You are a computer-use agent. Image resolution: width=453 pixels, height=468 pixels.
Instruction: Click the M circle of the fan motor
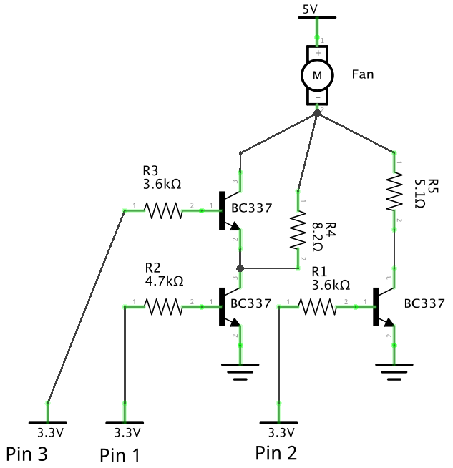[316, 73]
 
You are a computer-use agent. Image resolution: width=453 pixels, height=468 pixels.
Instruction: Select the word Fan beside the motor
[364, 74]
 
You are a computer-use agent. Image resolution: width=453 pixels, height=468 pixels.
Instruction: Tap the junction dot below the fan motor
[317, 114]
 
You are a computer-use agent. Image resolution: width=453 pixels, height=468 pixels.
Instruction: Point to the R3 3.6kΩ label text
[162, 177]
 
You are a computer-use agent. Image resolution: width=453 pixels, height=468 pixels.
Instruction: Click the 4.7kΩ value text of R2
[164, 281]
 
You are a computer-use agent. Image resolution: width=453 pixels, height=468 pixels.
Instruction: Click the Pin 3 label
[27, 453]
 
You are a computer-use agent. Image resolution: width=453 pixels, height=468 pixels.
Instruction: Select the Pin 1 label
[120, 454]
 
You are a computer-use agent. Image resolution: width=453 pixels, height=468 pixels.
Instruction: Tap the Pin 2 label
[276, 452]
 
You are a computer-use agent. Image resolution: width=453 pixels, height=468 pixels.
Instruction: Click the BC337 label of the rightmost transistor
[424, 303]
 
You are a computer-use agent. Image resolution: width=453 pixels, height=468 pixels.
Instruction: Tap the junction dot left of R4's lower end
[240, 269]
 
